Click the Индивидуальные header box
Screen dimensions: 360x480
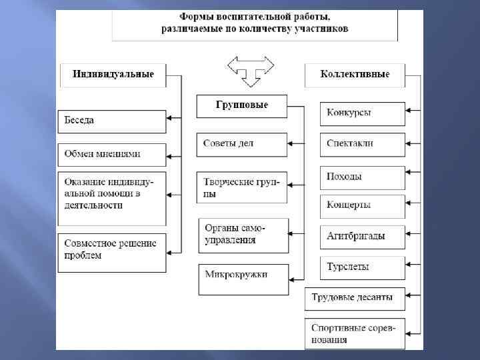[113, 75]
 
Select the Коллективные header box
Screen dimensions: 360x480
[355, 75]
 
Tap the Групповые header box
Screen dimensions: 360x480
[241, 106]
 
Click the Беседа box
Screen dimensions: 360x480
[111, 121]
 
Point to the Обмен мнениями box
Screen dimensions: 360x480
[111, 154]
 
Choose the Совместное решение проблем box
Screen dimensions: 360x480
[111, 253]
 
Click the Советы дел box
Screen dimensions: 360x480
[241, 144]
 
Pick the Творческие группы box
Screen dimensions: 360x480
[241, 187]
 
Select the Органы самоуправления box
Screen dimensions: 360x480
[243, 235]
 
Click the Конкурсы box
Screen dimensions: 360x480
[362, 113]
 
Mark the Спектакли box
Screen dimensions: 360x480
[362, 144]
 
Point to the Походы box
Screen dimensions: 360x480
[362, 177]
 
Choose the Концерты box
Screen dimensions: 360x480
[362, 206]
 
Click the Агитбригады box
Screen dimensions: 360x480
[362, 237]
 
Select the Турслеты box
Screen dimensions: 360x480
[362, 268]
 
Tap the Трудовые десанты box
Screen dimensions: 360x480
[355, 298]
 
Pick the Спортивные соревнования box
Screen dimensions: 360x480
[355, 334]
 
